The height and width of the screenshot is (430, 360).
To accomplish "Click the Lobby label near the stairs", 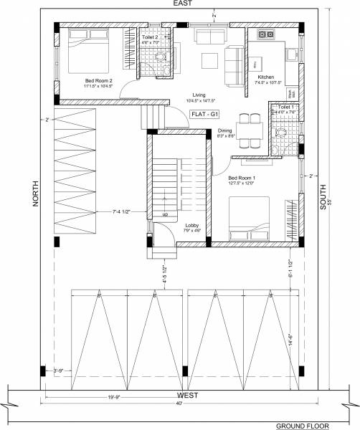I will click(x=162, y=227).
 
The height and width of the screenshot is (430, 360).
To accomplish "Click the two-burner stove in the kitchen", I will click(x=266, y=34).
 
